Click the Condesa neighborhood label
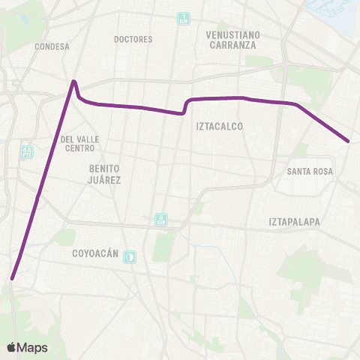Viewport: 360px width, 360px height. (x=52, y=46)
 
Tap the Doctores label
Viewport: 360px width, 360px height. (x=133, y=39)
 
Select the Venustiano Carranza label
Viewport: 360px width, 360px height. (x=232, y=39)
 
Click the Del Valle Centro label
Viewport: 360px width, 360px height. (x=80, y=142)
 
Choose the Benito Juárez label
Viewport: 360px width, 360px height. (x=105, y=175)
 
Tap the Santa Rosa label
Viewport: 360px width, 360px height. (x=309, y=172)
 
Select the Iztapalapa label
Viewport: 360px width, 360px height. (x=295, y=222)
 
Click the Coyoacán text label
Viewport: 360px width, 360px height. (x=95, y=254)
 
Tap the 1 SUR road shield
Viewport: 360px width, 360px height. (x=184, y=19)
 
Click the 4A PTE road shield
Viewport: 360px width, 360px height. (x=28, y=151)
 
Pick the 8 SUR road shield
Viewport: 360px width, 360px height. (x=161, y=219)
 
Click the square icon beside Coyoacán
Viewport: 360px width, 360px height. (x=130, y=256)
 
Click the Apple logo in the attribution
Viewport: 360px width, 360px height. (x=11, y=347)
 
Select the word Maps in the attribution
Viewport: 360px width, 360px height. (x=32, y=347)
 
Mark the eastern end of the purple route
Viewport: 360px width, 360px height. (x=349, y=140)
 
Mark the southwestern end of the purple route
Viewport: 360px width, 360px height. (x=12, y=279)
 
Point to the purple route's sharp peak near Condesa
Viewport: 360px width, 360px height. (x=74, y=81)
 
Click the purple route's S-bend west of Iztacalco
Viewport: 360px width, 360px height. (x=185, y=106)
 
